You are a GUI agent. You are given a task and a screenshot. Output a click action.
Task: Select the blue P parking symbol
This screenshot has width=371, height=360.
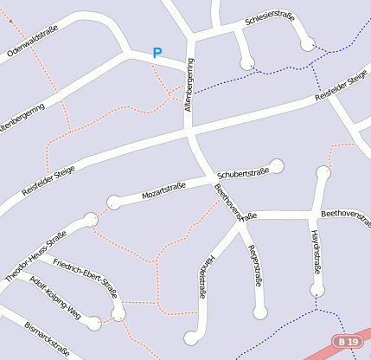[x=157, y=53]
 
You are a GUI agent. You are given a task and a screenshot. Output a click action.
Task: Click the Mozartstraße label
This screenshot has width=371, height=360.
[x=164, y=190]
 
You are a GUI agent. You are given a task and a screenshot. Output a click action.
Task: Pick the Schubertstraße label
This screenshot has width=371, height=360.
[x=243, y=171]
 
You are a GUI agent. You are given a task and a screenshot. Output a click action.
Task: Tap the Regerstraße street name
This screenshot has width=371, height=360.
[x=255, y=266]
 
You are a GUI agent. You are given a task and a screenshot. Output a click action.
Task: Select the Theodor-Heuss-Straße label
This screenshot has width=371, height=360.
[x=35, y=256]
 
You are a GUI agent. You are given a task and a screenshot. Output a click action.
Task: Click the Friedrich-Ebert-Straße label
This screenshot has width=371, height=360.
[x=85, y=276]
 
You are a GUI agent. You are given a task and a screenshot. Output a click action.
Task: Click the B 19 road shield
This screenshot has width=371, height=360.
[x=348, y=342]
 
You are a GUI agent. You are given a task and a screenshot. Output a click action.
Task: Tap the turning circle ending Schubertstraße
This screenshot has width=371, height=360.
[x=277, y=165]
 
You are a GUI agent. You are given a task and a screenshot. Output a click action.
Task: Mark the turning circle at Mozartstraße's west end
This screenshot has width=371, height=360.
[x=113, y=202]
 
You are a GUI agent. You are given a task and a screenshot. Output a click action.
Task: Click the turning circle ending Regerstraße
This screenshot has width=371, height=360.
[x=259, y=312]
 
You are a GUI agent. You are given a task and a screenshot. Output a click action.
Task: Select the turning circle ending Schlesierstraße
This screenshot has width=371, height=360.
[x=307, y=44]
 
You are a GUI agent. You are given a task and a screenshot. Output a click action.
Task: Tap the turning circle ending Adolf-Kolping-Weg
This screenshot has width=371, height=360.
[x=94, y=324]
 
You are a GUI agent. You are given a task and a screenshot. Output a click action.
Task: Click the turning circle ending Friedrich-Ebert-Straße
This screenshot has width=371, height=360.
[x=118, y=313]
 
